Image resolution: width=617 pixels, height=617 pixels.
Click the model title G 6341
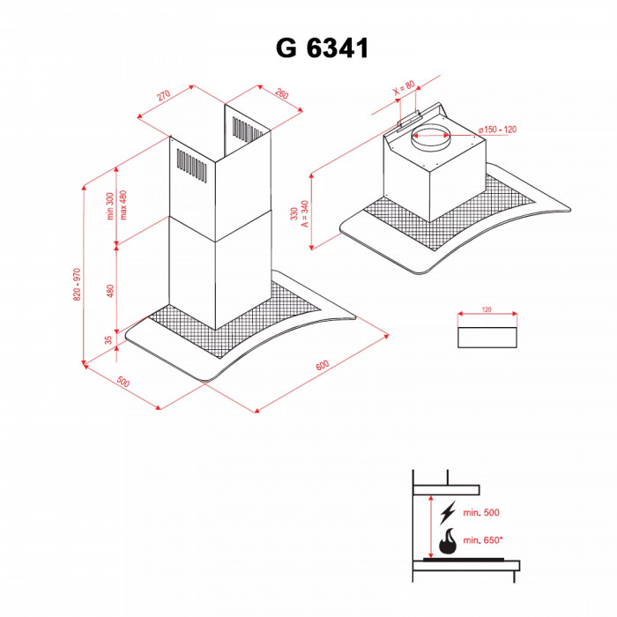323,48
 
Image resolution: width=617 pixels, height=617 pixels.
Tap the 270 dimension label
163,95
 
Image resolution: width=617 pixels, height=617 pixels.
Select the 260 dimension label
282,93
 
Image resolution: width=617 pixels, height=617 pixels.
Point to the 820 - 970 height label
77,285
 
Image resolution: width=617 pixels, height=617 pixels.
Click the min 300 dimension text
110,206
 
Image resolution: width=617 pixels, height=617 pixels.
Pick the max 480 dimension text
123,205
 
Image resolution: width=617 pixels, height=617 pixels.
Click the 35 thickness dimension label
108,339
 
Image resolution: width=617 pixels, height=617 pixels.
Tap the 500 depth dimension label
123,382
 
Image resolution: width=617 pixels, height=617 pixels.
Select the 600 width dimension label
323,366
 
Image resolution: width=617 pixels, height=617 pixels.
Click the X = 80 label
404,88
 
